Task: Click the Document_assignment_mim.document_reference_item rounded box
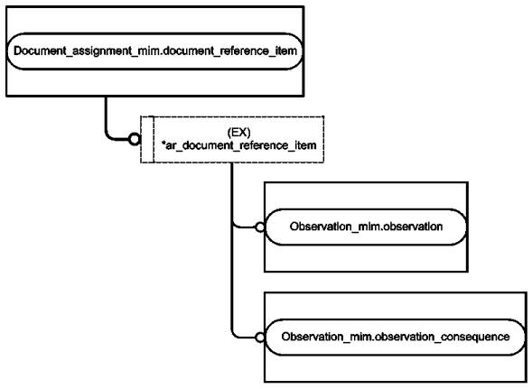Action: (x=154, y=51)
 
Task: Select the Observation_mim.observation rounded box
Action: (x=366, y=227)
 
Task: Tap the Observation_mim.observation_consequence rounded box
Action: (x=396, y=338)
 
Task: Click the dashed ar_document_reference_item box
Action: (x=232, y=140)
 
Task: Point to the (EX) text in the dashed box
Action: (x=238, y=132)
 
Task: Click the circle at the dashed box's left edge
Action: (x=135, y=139)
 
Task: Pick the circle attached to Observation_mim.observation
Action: (x=260, y=227)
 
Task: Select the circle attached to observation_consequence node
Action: (x=260, y=338)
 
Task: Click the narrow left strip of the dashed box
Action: (x=147, y=140)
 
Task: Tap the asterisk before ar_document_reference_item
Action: (x=163, y=144)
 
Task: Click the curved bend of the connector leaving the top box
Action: (x=108, y=135)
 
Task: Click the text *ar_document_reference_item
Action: (x=238, y=145)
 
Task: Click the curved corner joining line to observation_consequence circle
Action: (x=235, y=335)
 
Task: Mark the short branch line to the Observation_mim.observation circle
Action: (x=244, y=227)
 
